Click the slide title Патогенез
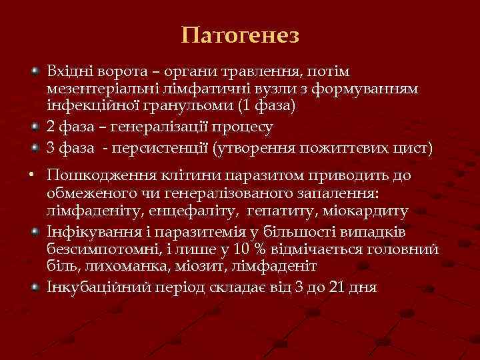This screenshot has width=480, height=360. click(x=240, y=35)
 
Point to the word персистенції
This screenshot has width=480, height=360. click(x=159, y=147)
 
